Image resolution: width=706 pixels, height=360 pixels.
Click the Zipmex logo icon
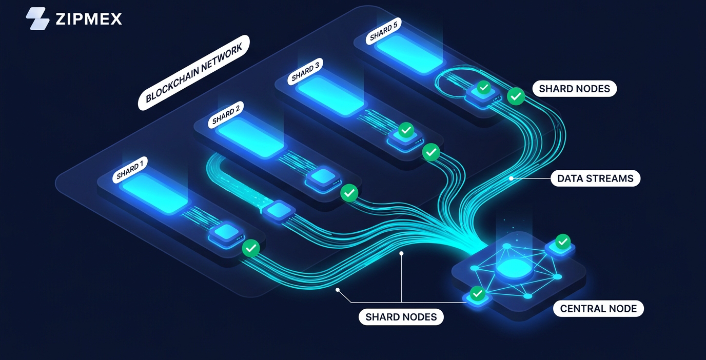(37, 18)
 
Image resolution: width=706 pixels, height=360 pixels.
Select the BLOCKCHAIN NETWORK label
(194, 72)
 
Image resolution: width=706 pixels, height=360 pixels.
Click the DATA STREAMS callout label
(595, 178)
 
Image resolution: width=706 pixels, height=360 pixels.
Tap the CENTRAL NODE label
(598, 308)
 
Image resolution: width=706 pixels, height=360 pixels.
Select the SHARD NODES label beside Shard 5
(574, 88)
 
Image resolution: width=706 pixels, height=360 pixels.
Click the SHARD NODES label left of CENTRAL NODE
(401, 317)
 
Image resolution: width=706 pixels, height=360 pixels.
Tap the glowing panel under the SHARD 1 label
(154, 192)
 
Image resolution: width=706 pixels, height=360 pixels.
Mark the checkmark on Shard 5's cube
(483, 88)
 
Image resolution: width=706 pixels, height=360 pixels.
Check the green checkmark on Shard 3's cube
(406, 130)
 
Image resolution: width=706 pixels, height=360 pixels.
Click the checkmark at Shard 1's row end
(251, 248)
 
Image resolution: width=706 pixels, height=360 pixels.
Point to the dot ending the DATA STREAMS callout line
(511, 178)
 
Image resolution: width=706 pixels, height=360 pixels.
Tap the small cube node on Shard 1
(225, 233)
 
